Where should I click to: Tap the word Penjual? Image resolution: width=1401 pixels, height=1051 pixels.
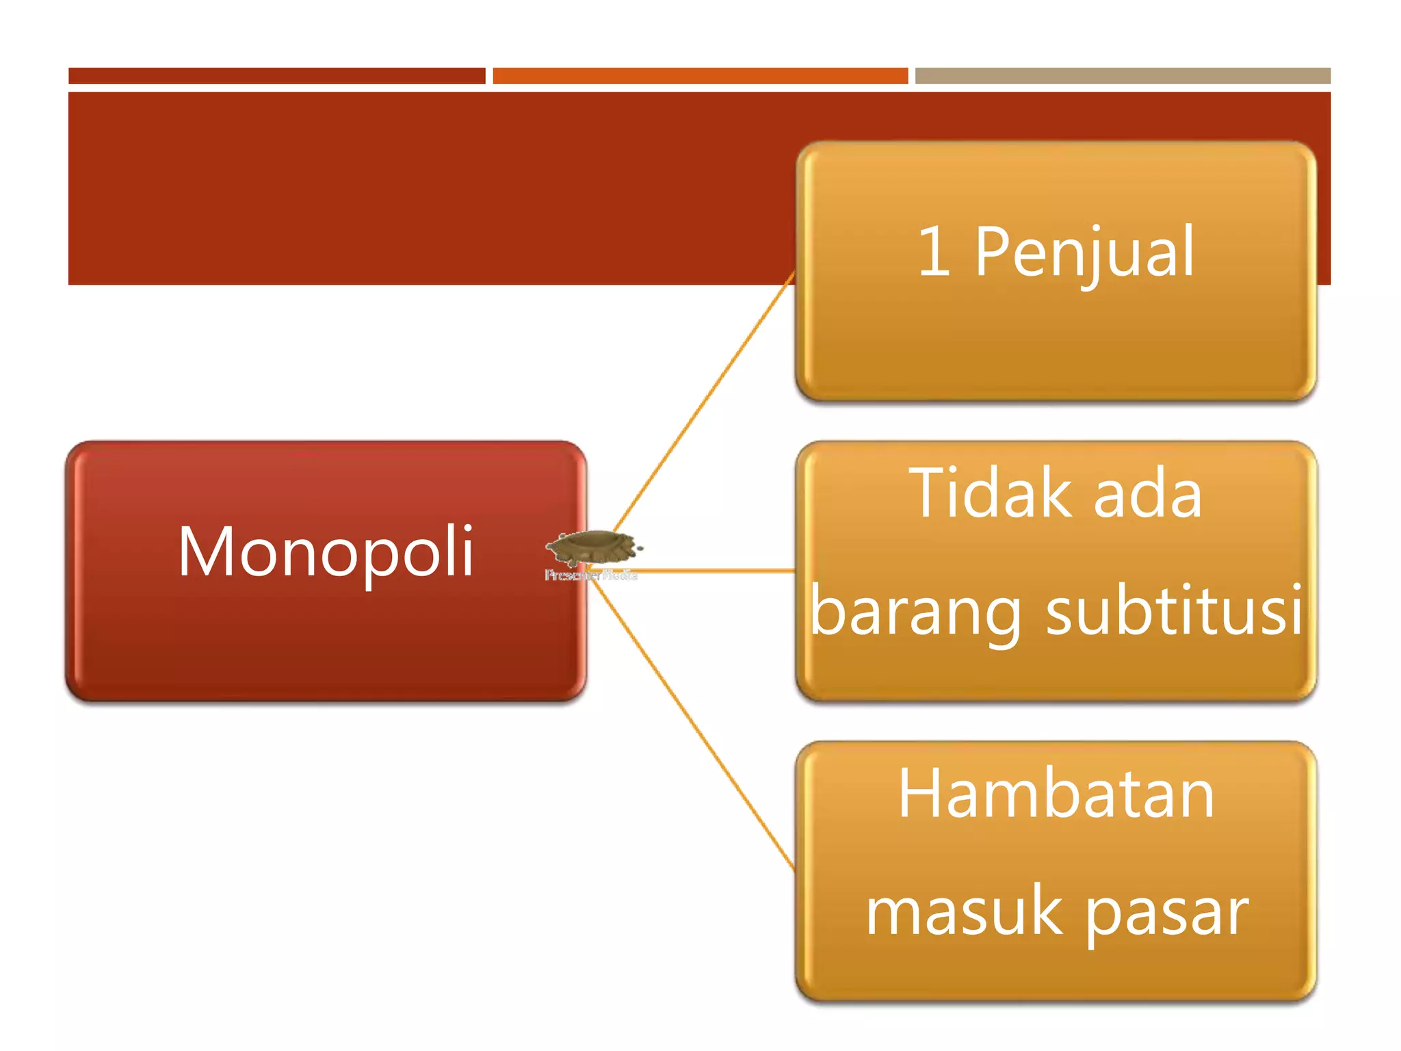tap(1085, 253)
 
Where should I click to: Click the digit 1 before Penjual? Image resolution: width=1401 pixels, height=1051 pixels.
tap(934, 252)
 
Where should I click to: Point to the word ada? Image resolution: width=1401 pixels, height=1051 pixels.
tap(1147, 494)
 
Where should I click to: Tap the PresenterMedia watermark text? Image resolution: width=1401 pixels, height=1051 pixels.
tap(591, 575)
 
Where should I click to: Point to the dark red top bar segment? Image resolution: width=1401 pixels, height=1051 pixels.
tap(276, 76)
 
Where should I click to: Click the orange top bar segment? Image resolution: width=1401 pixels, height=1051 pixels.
tap(700, 76)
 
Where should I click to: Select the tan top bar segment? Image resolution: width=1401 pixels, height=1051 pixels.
tap(1123, 76)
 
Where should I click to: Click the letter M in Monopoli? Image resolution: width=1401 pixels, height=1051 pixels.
tap(202, 552)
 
